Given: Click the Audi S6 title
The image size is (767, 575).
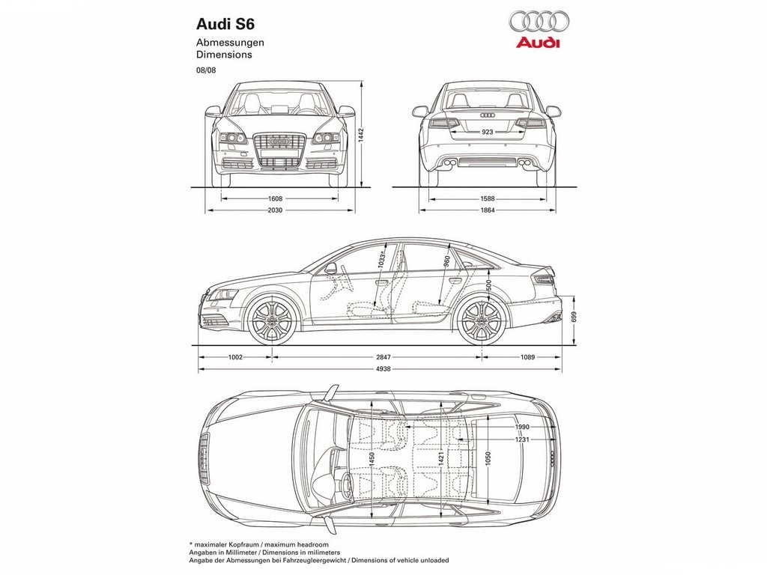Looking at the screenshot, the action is (x=225, y=24).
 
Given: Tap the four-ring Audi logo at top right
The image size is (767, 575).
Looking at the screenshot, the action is (x=539, y=21).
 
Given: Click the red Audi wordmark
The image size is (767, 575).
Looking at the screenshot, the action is (x=538, y=43).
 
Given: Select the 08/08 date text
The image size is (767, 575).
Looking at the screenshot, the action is (x=206, y=70).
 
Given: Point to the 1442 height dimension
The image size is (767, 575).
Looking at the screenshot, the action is (x=361, y=135).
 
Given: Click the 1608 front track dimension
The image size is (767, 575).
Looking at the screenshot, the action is (x=276, y=198).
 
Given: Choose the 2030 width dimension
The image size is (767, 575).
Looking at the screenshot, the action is (x=276, y=210).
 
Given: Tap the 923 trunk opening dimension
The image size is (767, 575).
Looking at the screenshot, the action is (x=487, y=132).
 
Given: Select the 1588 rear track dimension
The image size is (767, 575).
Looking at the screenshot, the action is (x=488, y=198).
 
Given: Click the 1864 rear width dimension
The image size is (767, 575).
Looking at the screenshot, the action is (x=488, y=210).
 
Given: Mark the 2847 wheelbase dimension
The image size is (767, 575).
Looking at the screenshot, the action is (x=383, y=357).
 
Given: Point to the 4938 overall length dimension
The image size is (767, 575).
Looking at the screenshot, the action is (x=383, y=368).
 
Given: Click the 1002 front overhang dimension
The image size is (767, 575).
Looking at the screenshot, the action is (x=235, y=357).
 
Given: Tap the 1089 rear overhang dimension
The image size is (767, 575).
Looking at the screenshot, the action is (x=527, y=357).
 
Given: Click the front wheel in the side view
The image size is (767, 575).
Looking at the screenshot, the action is (x=272, y=320).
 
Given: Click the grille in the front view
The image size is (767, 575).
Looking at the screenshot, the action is (x=279, y=150).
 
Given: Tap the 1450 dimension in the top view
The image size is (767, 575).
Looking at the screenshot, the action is (x=372, y=459).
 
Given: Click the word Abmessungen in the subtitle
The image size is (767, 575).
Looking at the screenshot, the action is (x=230, y=43).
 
